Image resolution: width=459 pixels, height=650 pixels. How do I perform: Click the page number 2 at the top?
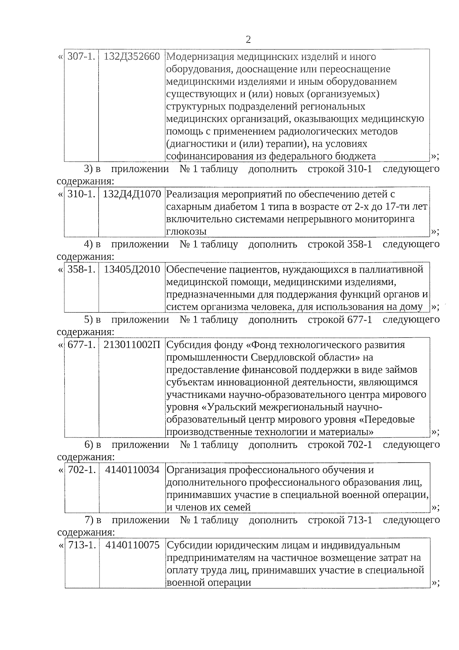click(x=248, y=40)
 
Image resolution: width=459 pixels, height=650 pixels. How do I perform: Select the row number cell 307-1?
click(x=81, y=57)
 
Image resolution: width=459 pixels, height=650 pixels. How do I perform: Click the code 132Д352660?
click(x=132, y=57)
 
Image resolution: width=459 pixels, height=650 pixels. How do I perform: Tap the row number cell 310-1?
click(x=81, y=194)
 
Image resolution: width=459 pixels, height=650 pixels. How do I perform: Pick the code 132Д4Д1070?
click(x=132, y=194)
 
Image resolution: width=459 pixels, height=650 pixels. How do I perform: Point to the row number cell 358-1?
click(x=81, y=270)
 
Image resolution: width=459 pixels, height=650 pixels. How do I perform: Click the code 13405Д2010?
click(x=132, y=270)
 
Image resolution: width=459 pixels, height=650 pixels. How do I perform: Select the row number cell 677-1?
click(x=81, y=345)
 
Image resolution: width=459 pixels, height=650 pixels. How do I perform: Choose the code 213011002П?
click(x=132, y=345)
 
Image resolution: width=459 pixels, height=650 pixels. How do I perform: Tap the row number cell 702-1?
click(x=81, y=470)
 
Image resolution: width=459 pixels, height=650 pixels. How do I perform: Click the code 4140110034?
click(x=132, y=470)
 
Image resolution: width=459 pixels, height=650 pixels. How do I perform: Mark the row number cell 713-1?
click(x=81, y=545)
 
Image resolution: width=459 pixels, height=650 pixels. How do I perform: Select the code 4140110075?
click(x=132, y=545)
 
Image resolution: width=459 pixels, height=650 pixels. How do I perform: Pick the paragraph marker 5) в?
click(x=93, y=320)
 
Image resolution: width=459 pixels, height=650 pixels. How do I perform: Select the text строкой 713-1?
click(x=340, y=520)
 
